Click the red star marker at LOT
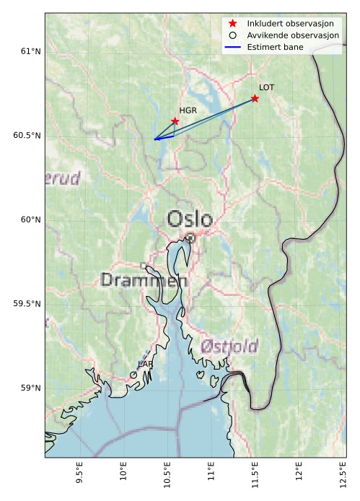255,98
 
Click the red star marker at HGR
175,121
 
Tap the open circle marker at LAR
133,375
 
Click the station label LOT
266,87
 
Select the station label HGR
188,110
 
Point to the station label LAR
145,365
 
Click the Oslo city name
190,219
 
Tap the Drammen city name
144,280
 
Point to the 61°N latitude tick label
30,51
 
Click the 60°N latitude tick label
30,219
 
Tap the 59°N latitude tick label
30,388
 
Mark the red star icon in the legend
232,23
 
